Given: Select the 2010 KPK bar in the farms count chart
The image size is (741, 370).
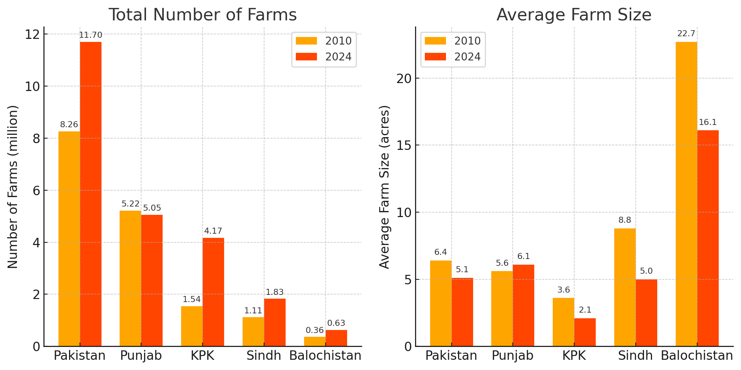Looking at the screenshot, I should (192, 326).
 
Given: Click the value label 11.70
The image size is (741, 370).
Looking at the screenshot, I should (91, 35).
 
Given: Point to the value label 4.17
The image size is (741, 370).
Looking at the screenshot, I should (213, 231).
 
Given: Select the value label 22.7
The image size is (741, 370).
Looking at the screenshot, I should (686, 34).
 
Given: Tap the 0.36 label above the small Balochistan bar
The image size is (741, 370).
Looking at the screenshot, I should (315, 330).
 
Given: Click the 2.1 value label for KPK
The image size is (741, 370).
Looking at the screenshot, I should (585, 310).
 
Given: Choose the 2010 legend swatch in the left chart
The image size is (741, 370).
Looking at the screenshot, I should (306, 41).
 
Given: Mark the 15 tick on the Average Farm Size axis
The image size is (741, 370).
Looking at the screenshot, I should (404, 145).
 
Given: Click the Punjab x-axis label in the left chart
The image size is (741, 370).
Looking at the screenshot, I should (141, 356).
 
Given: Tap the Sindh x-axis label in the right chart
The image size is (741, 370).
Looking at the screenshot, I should (635, 356).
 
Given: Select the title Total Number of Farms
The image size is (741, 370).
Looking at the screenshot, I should (203, 15).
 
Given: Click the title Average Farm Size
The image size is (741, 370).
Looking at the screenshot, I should (574, 15).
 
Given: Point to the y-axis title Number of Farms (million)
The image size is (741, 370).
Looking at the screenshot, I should (13, 187).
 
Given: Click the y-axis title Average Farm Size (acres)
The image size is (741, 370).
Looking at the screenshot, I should (384, 187).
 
